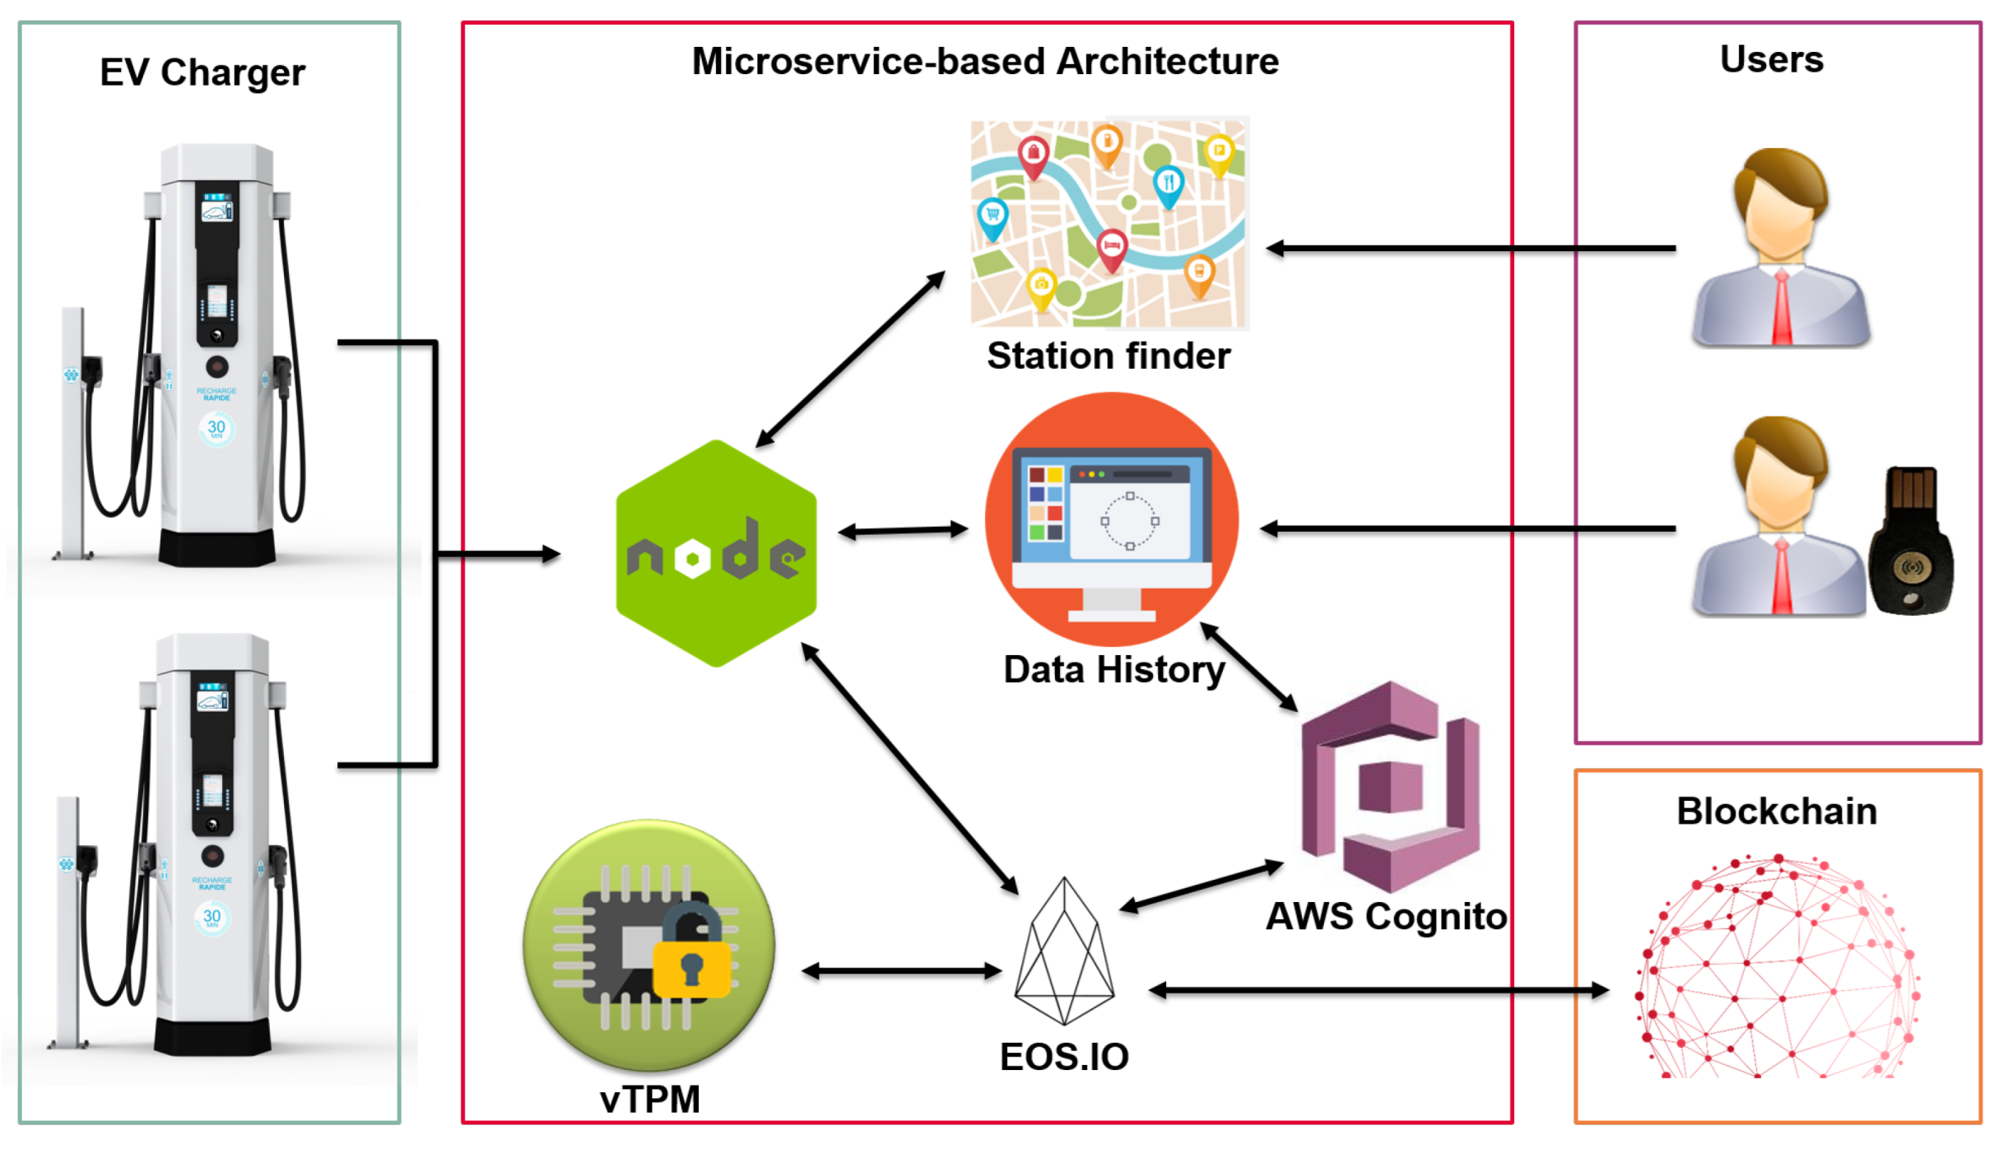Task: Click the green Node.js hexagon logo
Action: click(717, 554)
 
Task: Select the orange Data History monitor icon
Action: click(1112, 519)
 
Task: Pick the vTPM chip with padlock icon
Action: click(649, 945)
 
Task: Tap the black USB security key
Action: click(1911, 543)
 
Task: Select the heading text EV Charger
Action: click(202, 73)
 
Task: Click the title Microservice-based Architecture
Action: click(985, 62)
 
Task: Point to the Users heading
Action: click(1771, 59)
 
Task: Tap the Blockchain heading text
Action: click(1777, 812)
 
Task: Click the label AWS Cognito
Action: click(1386, 917)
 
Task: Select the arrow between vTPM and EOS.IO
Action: click(902, 972)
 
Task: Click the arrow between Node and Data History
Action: click(903, 531)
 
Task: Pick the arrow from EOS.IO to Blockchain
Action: click(1378, 991)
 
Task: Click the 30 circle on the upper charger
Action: click(216, 428)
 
